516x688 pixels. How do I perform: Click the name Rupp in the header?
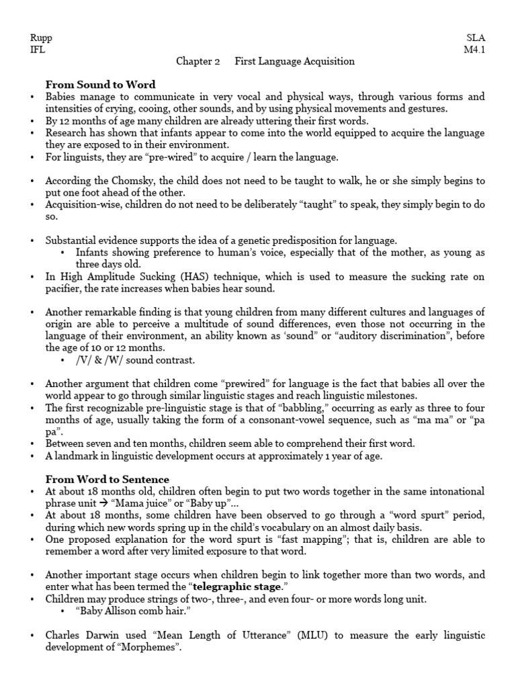pyautogui.click(x=42, y=38)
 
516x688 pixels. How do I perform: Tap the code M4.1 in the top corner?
pyautogui.click(x=474, y=50)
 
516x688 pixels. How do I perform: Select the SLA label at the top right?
pyautogui.click(x=476, y=38)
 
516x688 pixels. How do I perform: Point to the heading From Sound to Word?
pyautogui.click(x=100, y=85)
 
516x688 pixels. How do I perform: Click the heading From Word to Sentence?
pyautogui.click(x=107, y=479)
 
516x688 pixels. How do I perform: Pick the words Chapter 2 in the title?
pyautogui.click(x=198, y=62)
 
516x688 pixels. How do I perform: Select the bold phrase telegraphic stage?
pyautogui.click(x=247, y=587)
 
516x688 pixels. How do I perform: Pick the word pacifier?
pyautogui.click(x=62, y=288)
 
